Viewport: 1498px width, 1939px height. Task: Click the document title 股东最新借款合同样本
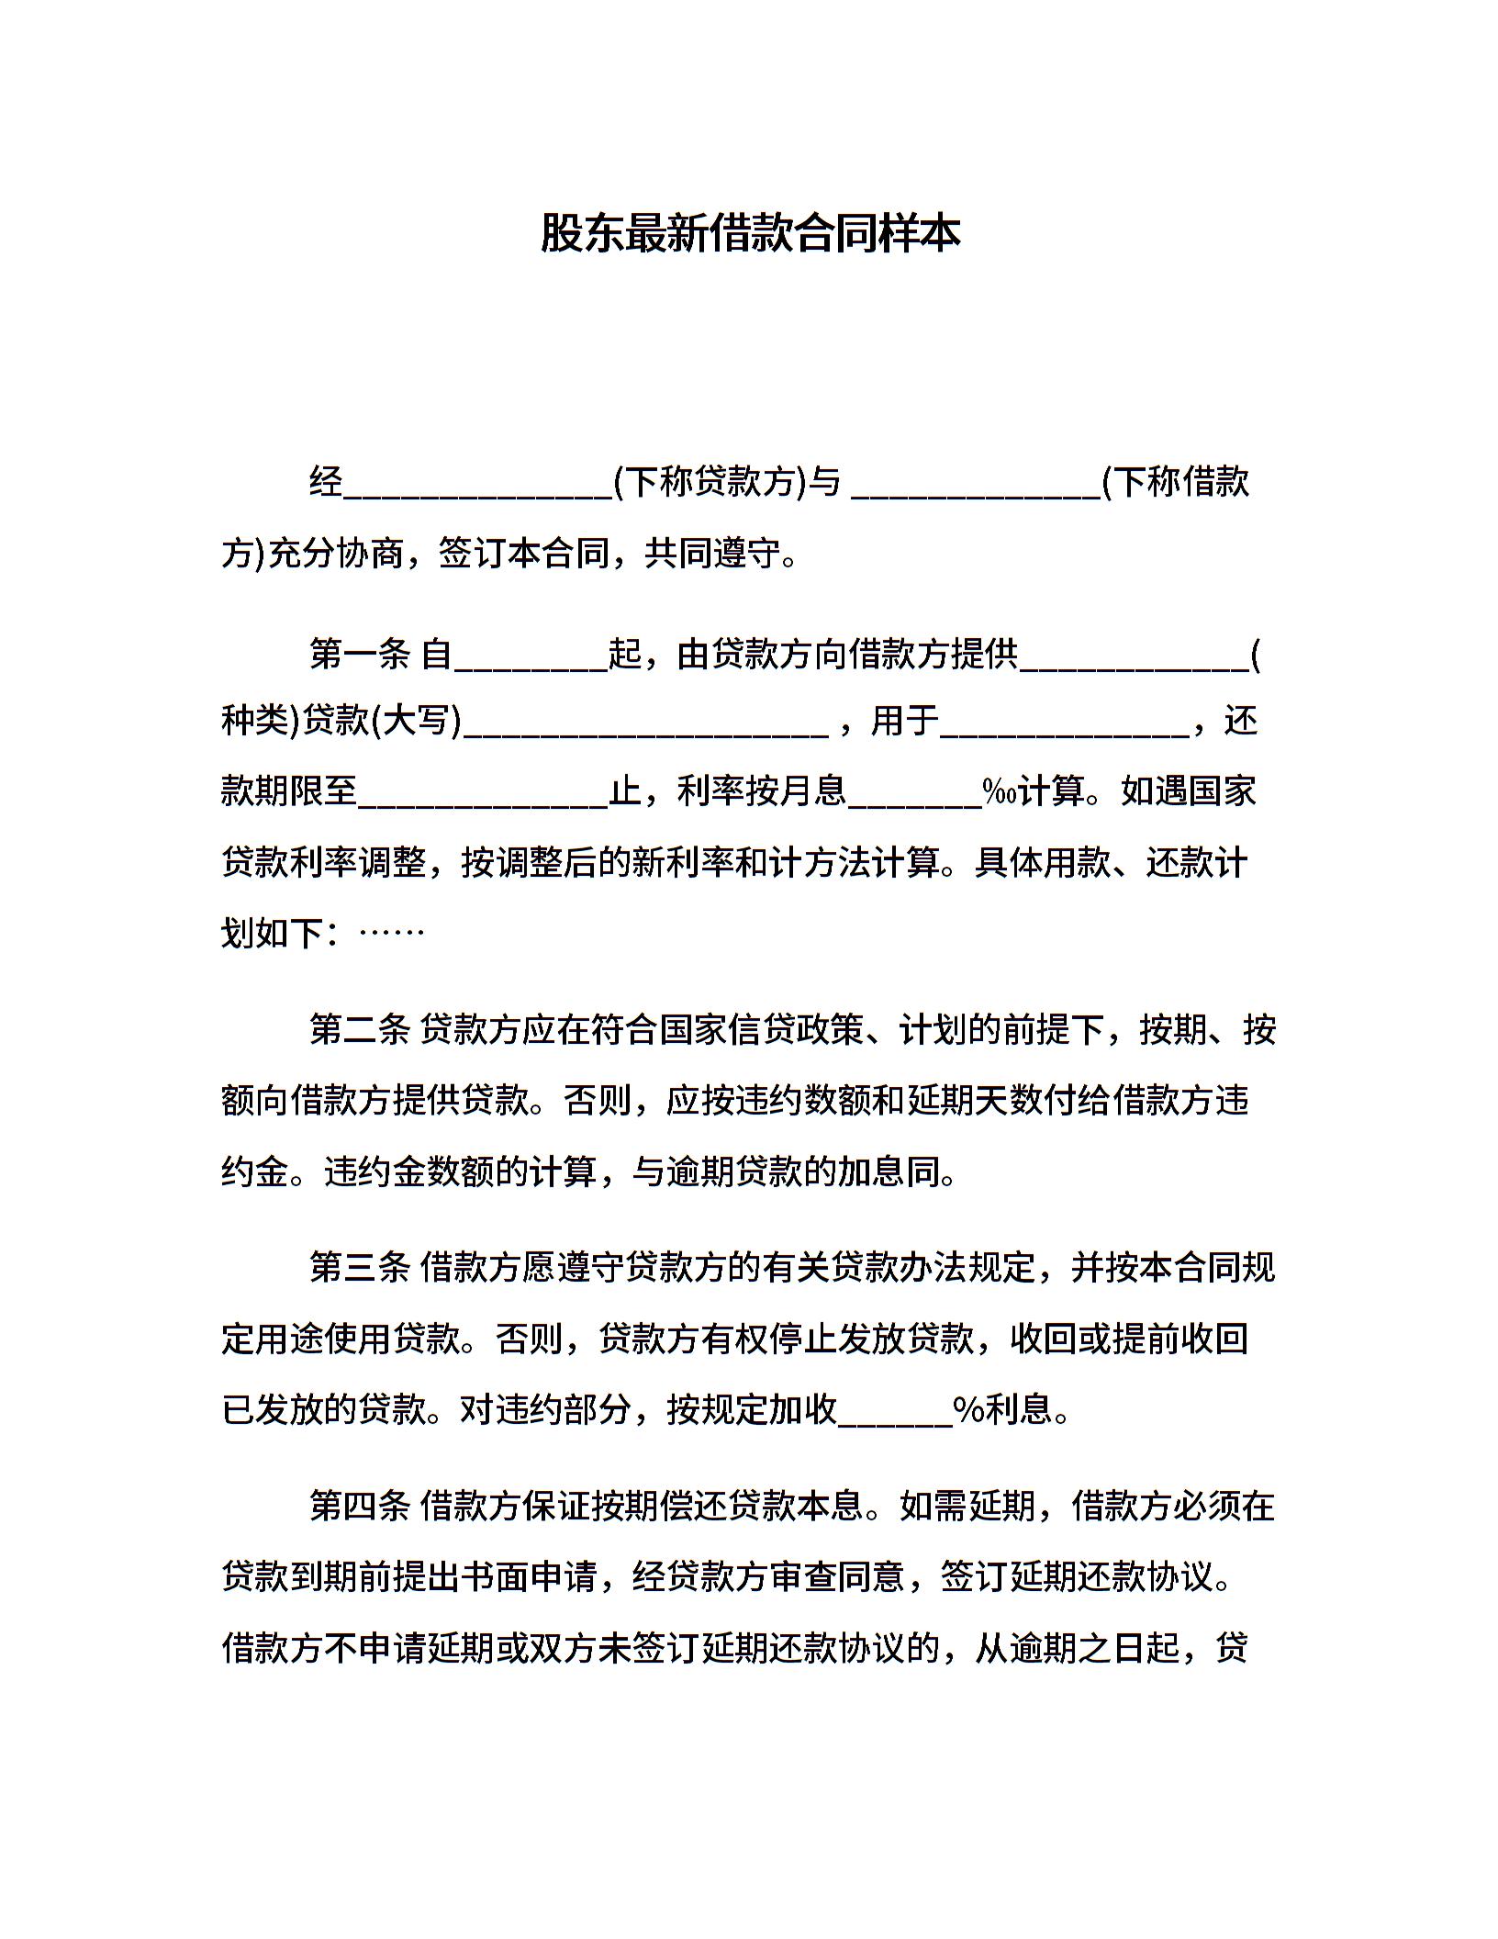pos(749,233)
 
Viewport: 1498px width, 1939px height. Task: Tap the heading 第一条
pos(359,655)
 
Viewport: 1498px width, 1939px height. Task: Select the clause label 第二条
pos(359,1030)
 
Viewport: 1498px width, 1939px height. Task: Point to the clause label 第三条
pos(359,1268)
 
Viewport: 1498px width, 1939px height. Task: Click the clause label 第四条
pos(359,1506)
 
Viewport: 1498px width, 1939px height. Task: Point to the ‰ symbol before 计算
pos(1001,791)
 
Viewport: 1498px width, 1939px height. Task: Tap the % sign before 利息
pos(969,1409)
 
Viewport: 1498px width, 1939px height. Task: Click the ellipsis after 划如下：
pos(392,934)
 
